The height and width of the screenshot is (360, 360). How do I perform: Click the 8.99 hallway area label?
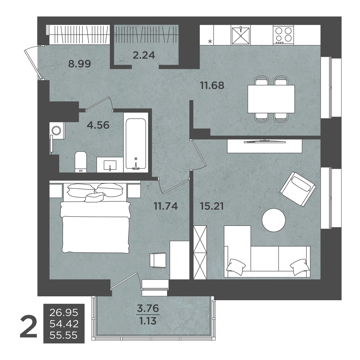[79, 64]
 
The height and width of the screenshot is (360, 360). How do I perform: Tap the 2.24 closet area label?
[144, 55]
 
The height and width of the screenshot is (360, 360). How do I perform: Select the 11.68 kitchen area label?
[212, 85]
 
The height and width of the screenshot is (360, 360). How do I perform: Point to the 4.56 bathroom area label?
[98, 125]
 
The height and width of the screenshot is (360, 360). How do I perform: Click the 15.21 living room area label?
[212, 206]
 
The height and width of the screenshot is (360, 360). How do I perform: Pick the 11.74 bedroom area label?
[166, 206]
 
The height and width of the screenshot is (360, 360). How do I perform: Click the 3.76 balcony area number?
[148, 308]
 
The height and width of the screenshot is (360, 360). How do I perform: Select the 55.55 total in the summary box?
[64, 335]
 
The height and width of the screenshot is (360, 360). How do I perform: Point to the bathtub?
[136, 144]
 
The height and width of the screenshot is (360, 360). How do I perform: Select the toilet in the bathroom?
[80, 162]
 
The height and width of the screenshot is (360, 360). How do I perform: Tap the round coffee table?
[274, 220]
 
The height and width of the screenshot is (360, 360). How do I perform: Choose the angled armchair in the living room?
[298, 189]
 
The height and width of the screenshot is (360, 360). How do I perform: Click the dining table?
[271, 99]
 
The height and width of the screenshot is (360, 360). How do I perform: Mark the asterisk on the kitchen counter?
[210, 42]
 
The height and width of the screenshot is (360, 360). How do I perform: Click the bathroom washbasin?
[110, 164]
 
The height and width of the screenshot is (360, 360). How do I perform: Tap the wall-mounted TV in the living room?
[264, 142]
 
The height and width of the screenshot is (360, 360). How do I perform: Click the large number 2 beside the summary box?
[28, 326]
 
